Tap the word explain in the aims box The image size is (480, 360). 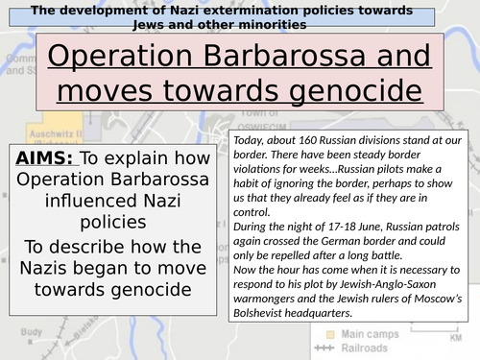click(139, 160)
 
